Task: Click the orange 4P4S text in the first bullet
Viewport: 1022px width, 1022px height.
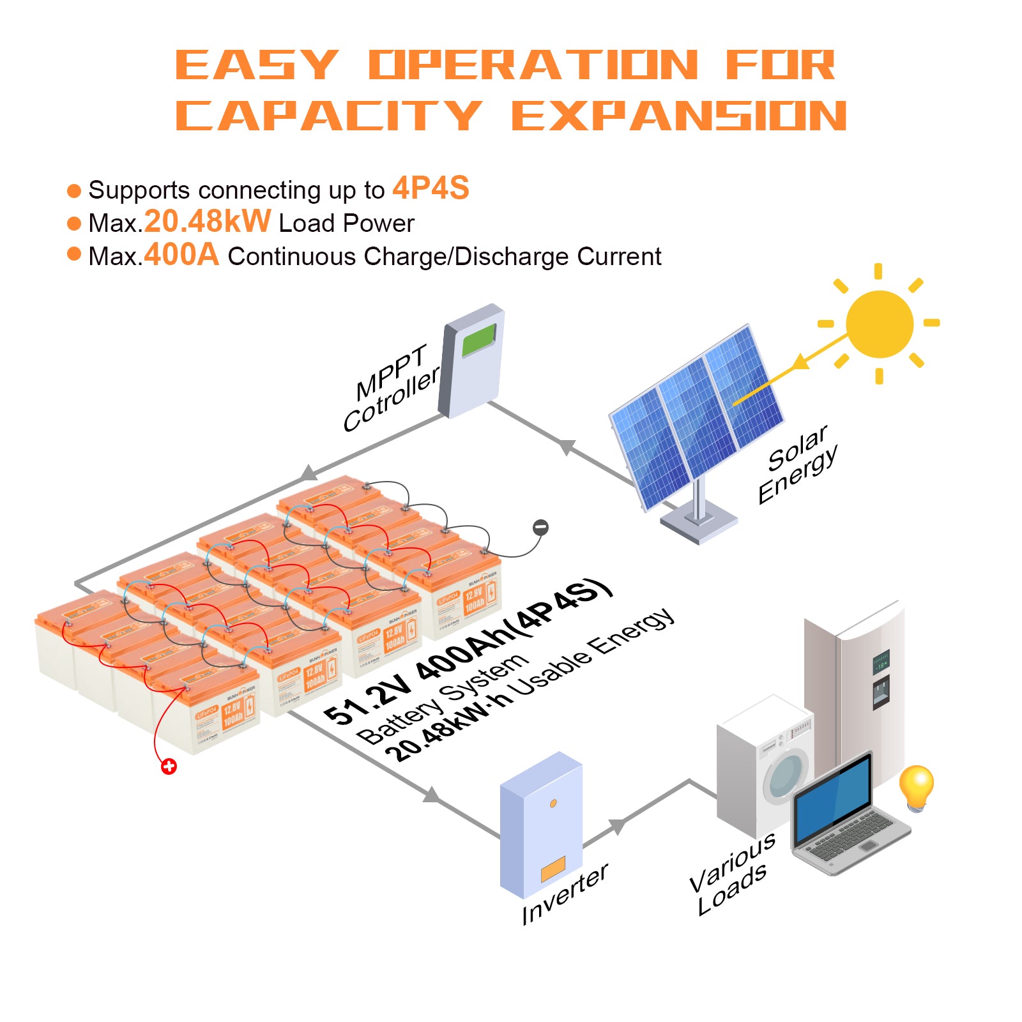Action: (x=431, y=188)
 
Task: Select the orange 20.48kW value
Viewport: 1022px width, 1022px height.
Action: (x=208, y=222)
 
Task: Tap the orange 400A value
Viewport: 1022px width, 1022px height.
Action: (x=181, y=255)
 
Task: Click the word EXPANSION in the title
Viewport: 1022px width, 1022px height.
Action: (x=678, y=116)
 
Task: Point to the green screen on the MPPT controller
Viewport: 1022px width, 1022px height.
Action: (x=479, y=340)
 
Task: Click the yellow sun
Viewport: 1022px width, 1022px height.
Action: (x=879, y=324)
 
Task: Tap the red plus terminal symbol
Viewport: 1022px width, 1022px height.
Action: (x=169, y=766)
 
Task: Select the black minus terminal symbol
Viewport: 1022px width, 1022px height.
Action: (x=540, y=528)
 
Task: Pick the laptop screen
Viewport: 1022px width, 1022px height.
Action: (x=833, y=798)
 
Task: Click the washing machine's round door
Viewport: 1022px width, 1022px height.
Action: (x=786, y=775)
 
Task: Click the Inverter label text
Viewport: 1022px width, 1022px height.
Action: (x=565, y=894)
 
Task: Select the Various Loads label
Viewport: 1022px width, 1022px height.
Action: (x=733, y=875)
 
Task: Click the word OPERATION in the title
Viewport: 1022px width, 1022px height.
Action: (x=533, y=65)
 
